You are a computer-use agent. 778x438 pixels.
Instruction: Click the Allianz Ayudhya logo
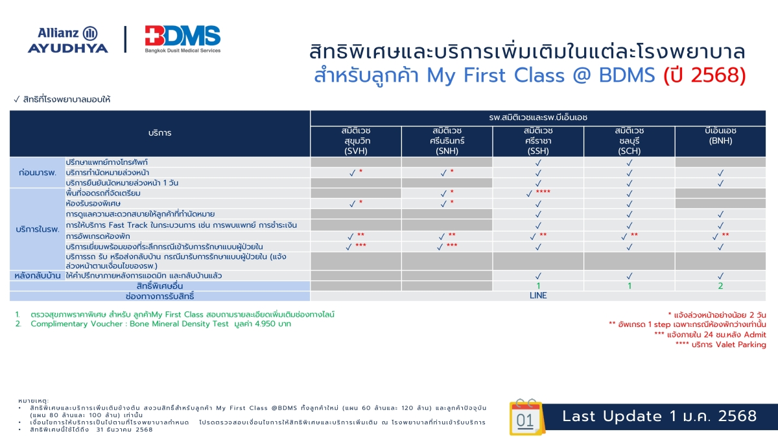click(67, 40)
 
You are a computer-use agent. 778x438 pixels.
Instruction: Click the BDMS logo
click(183, 39)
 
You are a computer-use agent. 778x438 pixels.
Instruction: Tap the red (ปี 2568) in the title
click(704, 75)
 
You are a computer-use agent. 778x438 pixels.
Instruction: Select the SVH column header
click(356, 141)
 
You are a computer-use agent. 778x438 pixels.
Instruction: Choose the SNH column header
click(447, 141)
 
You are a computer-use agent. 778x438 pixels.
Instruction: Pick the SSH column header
click(538, 141)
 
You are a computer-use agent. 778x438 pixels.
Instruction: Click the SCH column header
click(630, 141)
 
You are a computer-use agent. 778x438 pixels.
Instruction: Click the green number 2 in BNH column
click(720, 286)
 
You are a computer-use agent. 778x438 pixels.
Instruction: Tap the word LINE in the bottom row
click(538, 296)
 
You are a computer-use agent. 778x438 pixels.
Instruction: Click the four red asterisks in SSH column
click(543, 191)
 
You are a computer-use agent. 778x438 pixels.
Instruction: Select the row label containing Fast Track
click(182, 225)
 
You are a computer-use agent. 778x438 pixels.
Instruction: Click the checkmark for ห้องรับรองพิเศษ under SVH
click(352, 204)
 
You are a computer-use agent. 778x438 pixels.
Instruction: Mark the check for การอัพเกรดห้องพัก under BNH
click(715, 237)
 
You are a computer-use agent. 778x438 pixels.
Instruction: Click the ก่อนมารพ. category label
click(38, 173)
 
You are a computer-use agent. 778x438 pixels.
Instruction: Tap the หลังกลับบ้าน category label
click(38, 276)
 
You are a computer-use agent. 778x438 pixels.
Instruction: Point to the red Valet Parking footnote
click(721, 345)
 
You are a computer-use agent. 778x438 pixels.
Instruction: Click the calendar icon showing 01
click(526, 417)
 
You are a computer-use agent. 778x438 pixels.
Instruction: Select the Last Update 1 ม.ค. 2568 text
click(659, 417)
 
